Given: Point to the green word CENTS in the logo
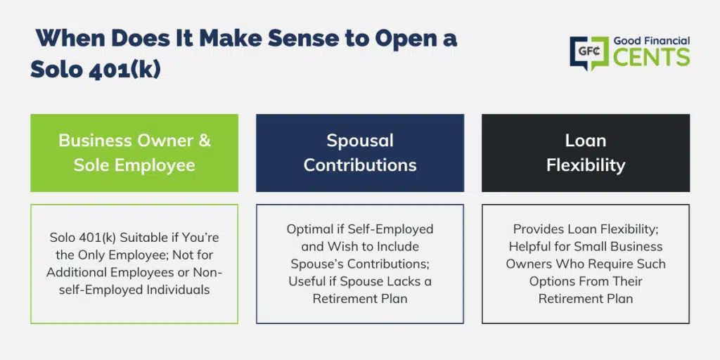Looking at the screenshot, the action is (x=652, y=58).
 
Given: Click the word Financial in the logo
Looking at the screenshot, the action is (x=667, y=41).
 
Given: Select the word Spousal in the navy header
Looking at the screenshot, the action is (x=360, y=141).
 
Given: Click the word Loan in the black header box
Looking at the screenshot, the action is (x=586, y=141).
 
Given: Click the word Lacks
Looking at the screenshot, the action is (x=399, y=281).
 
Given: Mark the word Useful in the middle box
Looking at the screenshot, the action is (x=303, y=281).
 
